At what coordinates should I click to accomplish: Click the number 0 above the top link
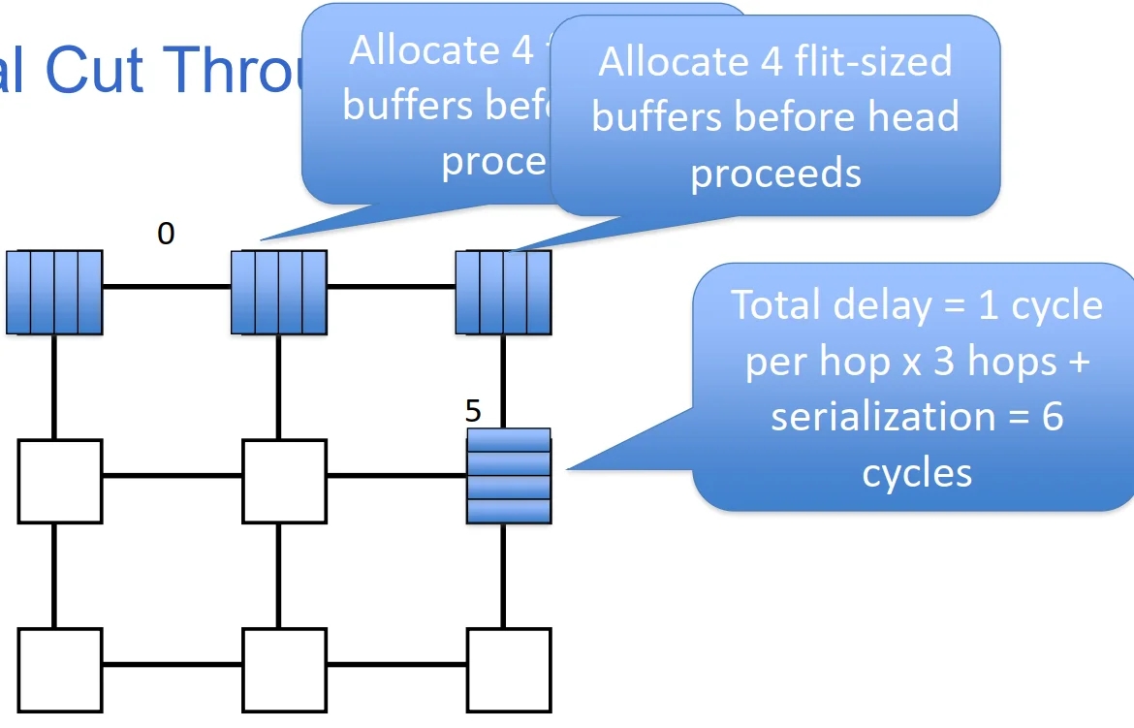point(166,234)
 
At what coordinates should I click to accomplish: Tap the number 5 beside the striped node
point(473,411)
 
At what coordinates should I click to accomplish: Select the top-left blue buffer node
point(54,292)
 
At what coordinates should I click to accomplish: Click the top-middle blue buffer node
point(279,292)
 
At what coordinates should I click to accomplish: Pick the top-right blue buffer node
point(503,292)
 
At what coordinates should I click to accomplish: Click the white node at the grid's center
point(284,481)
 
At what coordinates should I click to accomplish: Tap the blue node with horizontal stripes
point(509,476)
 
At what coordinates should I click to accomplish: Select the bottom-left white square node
point(59,670)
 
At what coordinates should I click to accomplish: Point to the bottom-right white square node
point(509,670)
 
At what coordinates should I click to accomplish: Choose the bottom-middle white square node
point(284,670)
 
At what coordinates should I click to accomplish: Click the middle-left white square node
point(59,481)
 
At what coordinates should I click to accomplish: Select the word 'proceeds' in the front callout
point(775,174)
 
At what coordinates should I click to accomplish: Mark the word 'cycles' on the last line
point(917,473)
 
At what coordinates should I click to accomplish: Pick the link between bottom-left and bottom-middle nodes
point(172,665)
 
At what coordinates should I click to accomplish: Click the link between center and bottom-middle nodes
point(279,576)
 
